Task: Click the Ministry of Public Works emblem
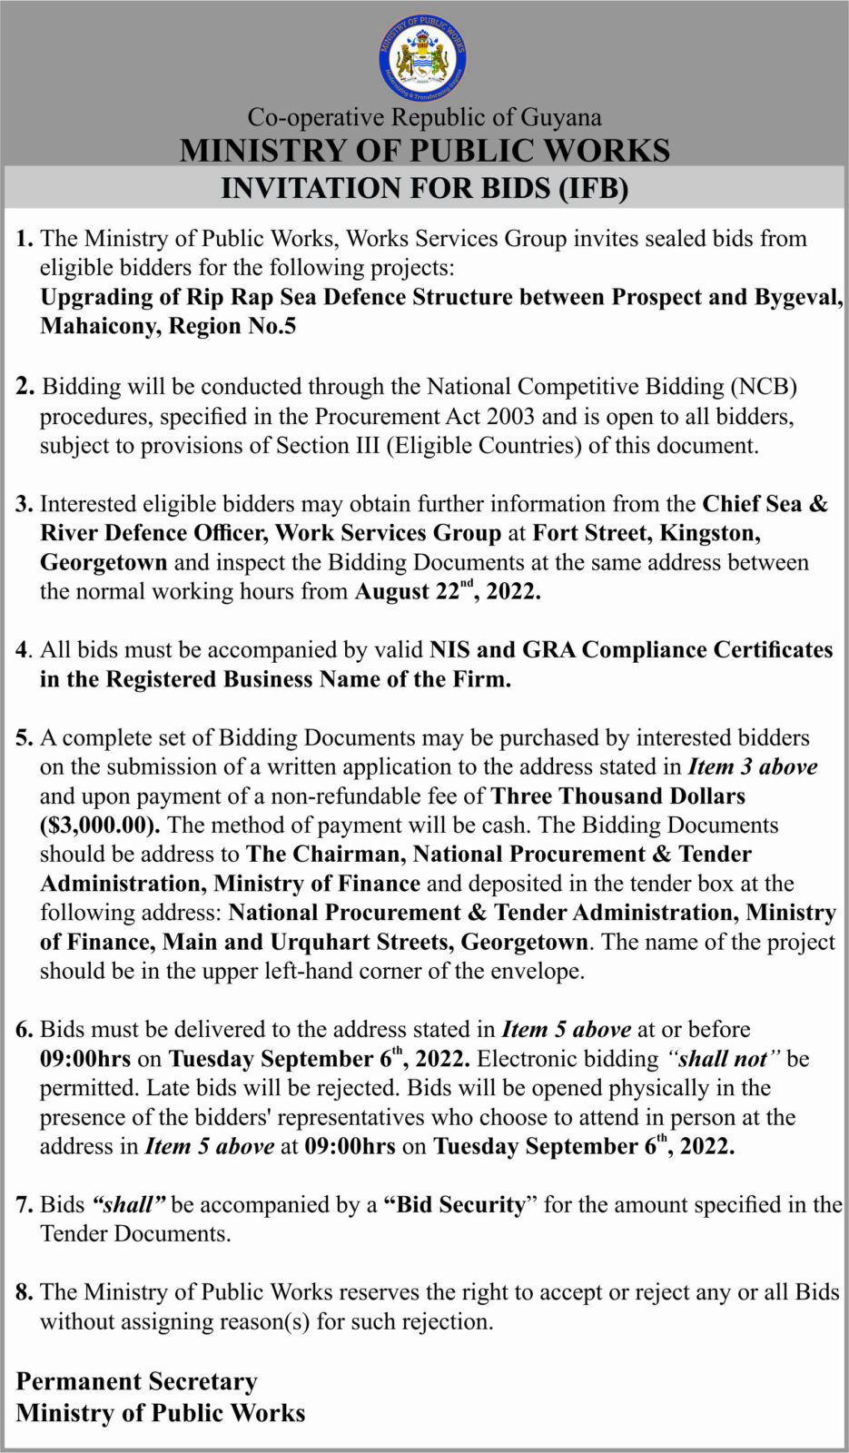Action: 423,59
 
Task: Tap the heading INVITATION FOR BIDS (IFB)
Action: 424,188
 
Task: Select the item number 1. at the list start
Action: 25,239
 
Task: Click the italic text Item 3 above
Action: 753,766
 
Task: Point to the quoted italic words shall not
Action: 724,1059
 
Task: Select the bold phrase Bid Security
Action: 461,1205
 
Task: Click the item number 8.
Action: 25,1292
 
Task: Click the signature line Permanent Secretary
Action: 137,1381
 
